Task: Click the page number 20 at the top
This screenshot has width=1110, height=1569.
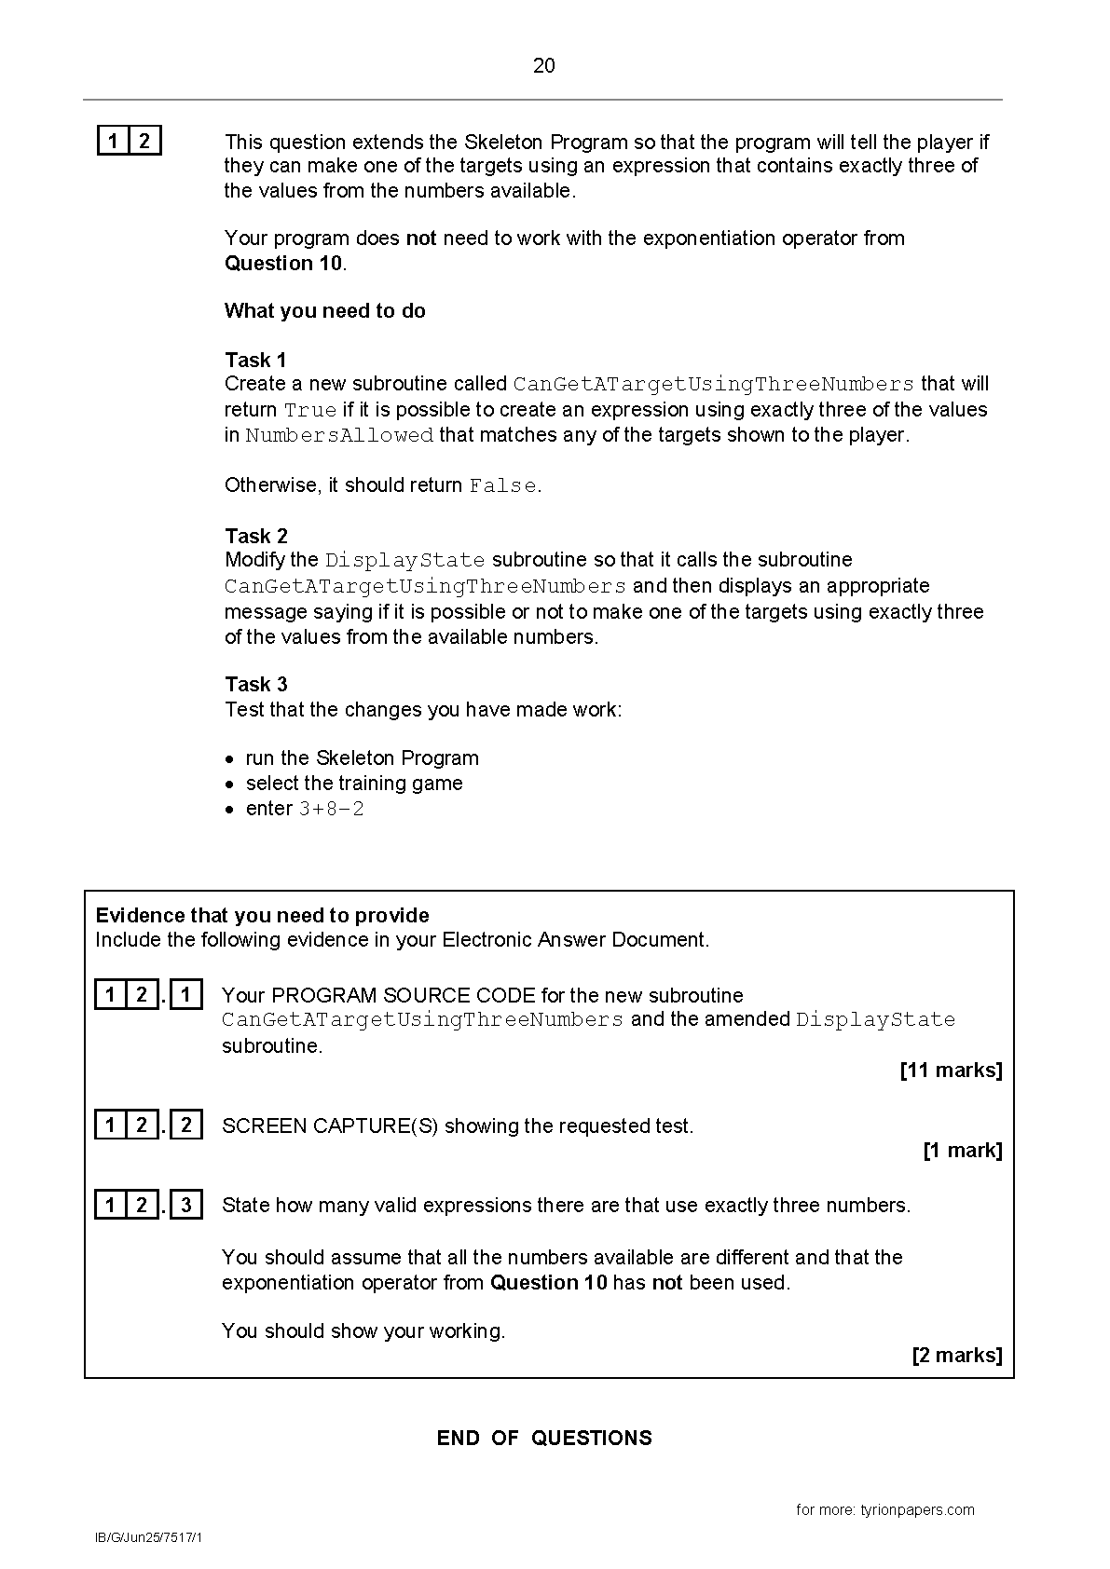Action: click(544, 65)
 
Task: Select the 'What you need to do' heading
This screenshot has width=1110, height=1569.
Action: click(324, 311)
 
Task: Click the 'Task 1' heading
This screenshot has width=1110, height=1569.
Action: click(255, 361)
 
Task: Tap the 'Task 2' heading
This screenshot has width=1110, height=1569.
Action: click(256, 536)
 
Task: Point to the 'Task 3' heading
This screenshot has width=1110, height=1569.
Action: click(256, 685)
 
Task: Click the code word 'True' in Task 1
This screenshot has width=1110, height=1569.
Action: click(310, 411)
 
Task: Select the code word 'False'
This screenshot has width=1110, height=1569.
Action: click(503, 486)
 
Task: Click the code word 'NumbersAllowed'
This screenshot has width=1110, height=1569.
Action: click(339, 436)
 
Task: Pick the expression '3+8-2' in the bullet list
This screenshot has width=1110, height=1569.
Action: click(331, 810)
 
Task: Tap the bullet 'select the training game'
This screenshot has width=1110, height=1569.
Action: click(354, 784)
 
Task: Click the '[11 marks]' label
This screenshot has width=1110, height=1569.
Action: click(951, 1071)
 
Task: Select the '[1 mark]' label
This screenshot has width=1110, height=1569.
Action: click(962, 1151)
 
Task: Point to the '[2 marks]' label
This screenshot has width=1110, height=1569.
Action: click(956, 1356)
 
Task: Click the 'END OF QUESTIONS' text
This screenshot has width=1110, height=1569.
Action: click(544, 1439)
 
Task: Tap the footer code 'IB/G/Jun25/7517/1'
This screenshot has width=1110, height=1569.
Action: click(148, 1537)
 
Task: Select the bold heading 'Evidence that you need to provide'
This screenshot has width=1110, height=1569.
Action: click(263, 916)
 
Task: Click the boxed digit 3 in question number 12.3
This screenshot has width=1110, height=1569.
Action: click(186, 1206)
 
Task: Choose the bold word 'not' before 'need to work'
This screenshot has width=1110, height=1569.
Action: click(421, 239)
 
